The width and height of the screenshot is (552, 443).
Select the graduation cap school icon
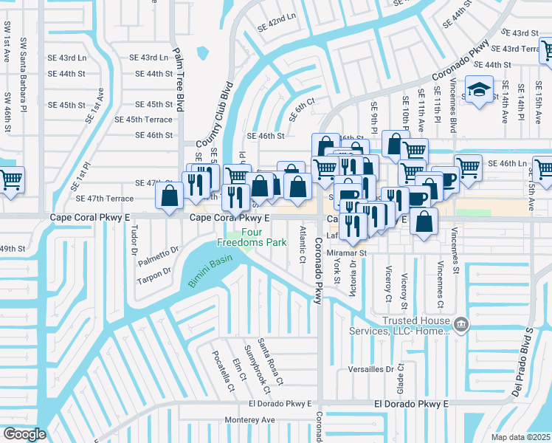479,90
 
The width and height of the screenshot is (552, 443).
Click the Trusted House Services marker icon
460,324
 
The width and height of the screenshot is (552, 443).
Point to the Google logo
24,434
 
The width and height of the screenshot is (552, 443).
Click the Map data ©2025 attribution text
520,437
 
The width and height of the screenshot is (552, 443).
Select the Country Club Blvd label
213,118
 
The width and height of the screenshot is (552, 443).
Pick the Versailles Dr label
373,369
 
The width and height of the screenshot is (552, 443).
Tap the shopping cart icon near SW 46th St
10,179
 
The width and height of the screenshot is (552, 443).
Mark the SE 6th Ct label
303,103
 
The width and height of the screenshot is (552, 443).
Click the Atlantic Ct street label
302,245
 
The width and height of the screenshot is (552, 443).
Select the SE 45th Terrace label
143,120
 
